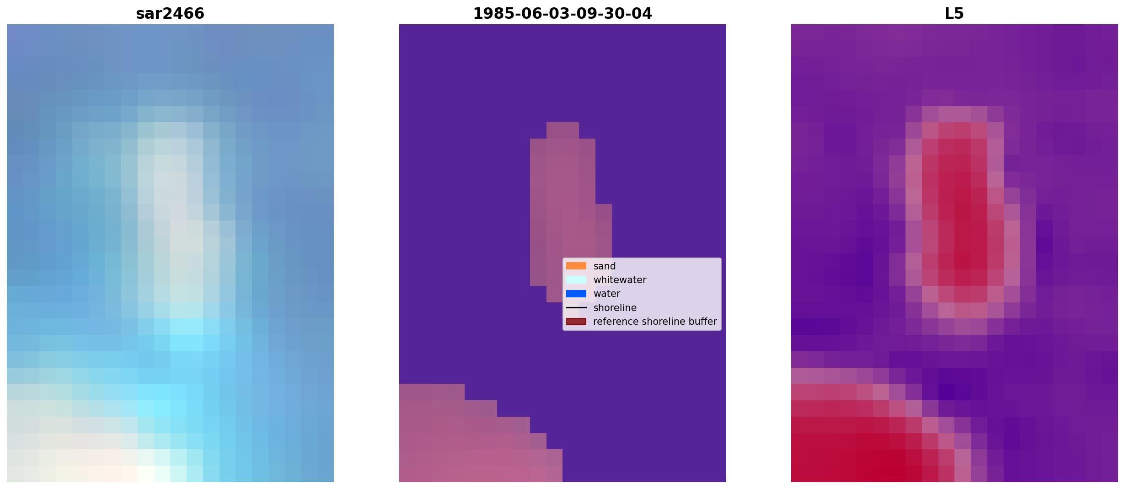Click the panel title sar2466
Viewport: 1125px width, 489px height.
[x=170, y=14]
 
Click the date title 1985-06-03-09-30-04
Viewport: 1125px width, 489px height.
[x=562, y=14]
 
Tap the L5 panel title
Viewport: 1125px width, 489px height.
[x=954, y=14]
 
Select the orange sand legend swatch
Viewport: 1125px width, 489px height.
[x=576, y=266]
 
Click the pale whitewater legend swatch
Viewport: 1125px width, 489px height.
[x=576, y=279]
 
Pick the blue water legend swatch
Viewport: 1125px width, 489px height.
[x=576, y=294]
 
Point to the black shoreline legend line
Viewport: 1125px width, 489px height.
[x=576, y=308]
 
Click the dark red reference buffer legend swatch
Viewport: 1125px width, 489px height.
[x=576, y=322]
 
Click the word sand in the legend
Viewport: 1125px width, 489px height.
[x=605, y=266]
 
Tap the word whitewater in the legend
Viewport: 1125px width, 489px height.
[x=620, y=280]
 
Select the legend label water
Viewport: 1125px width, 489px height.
[x=607, y=294]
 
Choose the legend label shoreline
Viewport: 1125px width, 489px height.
[x=615, y=308]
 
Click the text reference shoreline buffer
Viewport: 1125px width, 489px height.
[x=655, y=322]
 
